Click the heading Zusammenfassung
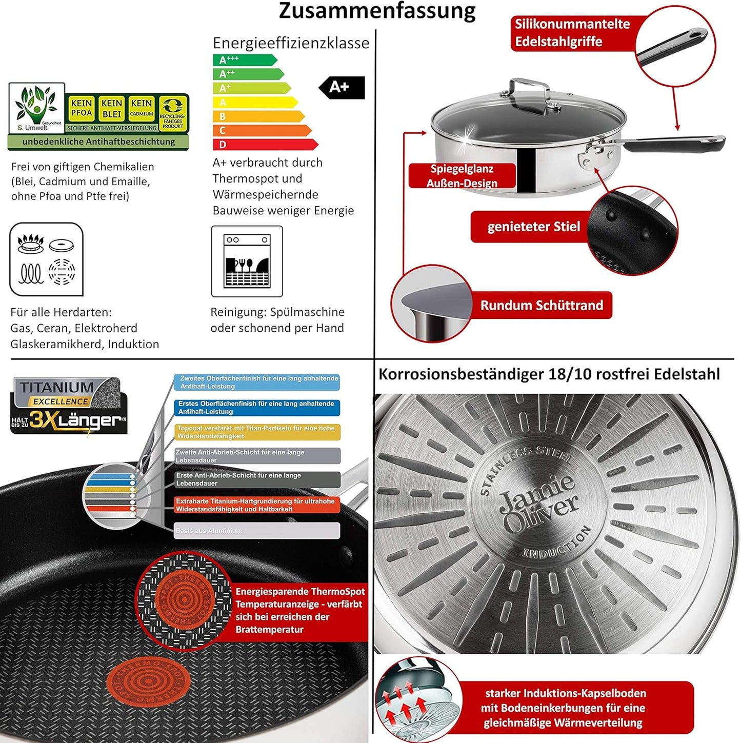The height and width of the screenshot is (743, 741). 377,11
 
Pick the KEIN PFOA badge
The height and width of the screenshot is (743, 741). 82,108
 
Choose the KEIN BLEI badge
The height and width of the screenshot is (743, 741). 111,108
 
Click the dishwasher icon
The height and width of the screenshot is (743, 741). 247,261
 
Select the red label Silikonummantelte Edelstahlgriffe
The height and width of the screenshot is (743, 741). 572,33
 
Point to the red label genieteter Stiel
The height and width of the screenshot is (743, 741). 533,227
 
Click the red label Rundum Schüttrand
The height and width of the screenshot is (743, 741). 541,305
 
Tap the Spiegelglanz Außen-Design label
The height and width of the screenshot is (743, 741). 462,176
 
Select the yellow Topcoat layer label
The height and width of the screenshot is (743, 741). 257,432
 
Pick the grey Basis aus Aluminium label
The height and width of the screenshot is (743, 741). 257,531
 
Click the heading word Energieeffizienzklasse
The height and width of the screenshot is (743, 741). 291,43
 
